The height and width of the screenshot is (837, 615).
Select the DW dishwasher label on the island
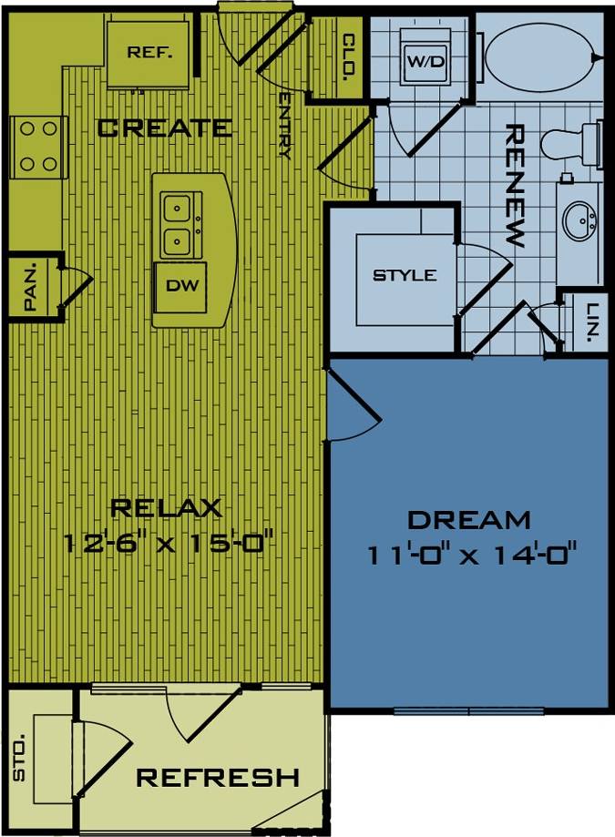[179, 284]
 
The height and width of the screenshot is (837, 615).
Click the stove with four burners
[38, 147]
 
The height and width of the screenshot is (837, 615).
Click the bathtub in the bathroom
[539, 56]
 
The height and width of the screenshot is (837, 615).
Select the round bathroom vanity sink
[579, 219]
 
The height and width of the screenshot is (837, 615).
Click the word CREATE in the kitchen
[164, 128]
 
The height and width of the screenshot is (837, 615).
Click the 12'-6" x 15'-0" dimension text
[169, 544]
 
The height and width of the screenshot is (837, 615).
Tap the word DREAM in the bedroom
[468, 520]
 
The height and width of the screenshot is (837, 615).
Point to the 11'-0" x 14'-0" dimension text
[473, 553]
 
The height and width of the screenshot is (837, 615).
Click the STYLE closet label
[405, 275]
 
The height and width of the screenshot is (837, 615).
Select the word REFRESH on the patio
[218, 778]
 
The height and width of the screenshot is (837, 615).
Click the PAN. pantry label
[30, 289]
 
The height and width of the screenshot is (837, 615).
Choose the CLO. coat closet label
[348, 58]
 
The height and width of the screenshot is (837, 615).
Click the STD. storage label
[20, 763]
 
